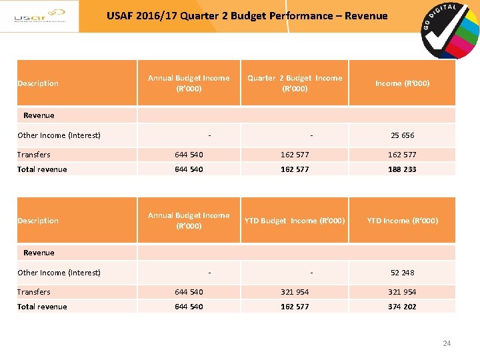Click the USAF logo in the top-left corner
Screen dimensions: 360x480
click(x=39, y=16)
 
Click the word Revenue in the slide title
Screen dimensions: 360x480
click(x=365, y=15)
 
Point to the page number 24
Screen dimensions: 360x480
click(x=447, y=343)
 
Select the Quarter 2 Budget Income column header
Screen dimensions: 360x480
click(x=294, y=83)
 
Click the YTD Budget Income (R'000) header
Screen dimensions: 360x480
click(x=294, y=221)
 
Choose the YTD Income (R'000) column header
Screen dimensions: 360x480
click(x=402, y=221)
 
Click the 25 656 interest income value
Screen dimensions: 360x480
click(x=402, y=135)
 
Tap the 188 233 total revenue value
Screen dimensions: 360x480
click(x=402, y=169)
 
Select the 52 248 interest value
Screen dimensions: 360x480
click(x=402, y=273)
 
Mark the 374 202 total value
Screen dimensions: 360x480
click(x=402, y=307)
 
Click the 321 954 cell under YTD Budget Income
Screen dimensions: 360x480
click(x=294, y=292)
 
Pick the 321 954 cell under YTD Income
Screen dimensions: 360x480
click(x=402, y=292)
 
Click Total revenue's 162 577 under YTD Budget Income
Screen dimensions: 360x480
click(x=294, y=307)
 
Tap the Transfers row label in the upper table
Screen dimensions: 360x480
click(x=34, y=155)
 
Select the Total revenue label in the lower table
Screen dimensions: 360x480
click(x=42, y=307)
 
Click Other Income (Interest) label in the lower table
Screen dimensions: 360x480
click(x=59, y=273)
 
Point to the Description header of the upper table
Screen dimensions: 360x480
click(x=38, y=83)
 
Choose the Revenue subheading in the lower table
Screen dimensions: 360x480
click(x=39, y=253)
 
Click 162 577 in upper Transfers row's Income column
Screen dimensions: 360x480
click(x=402, y=155)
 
